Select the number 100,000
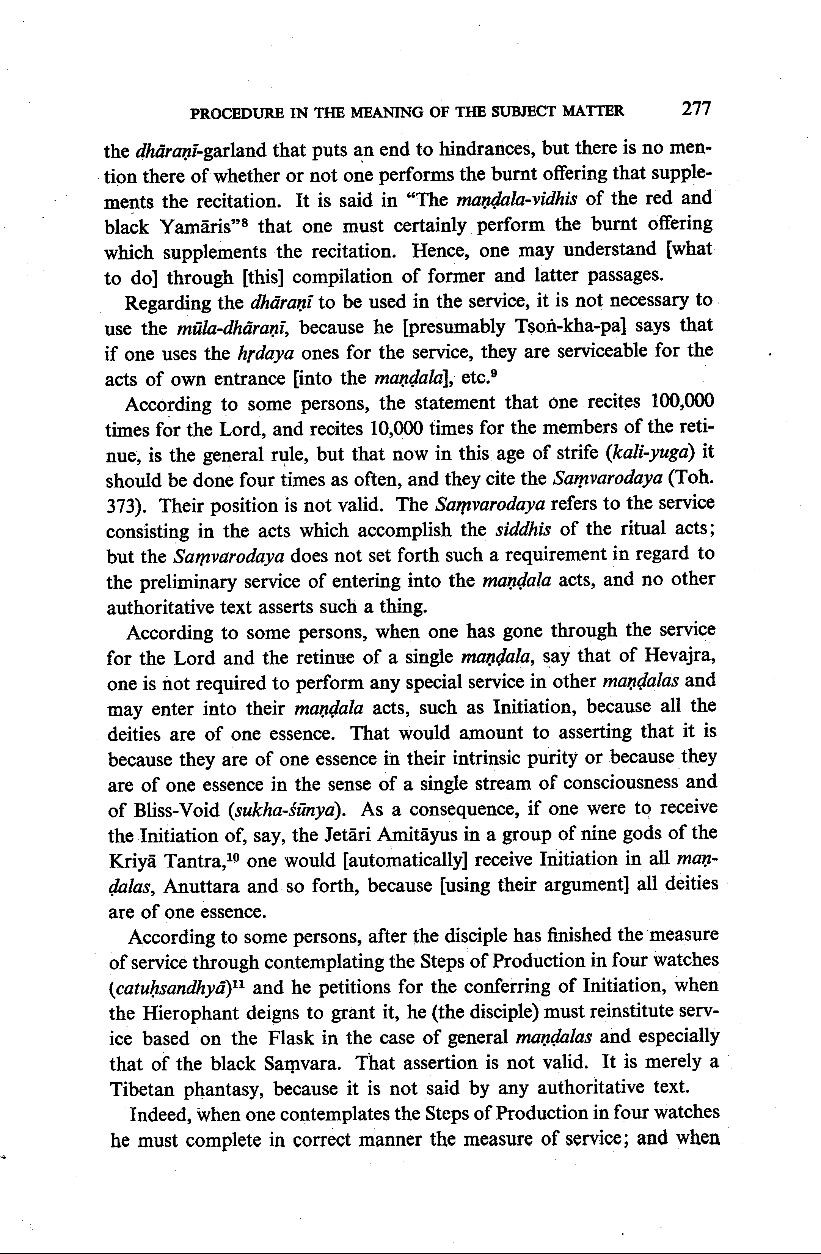(x=683, y=402)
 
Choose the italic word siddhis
(x=523, y=530)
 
